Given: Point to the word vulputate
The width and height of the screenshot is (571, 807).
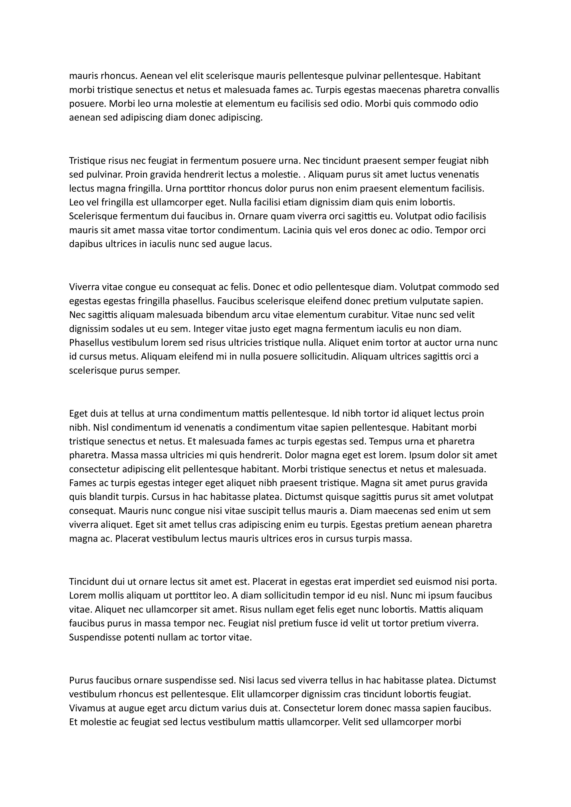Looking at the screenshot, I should [x=431, y=301].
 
